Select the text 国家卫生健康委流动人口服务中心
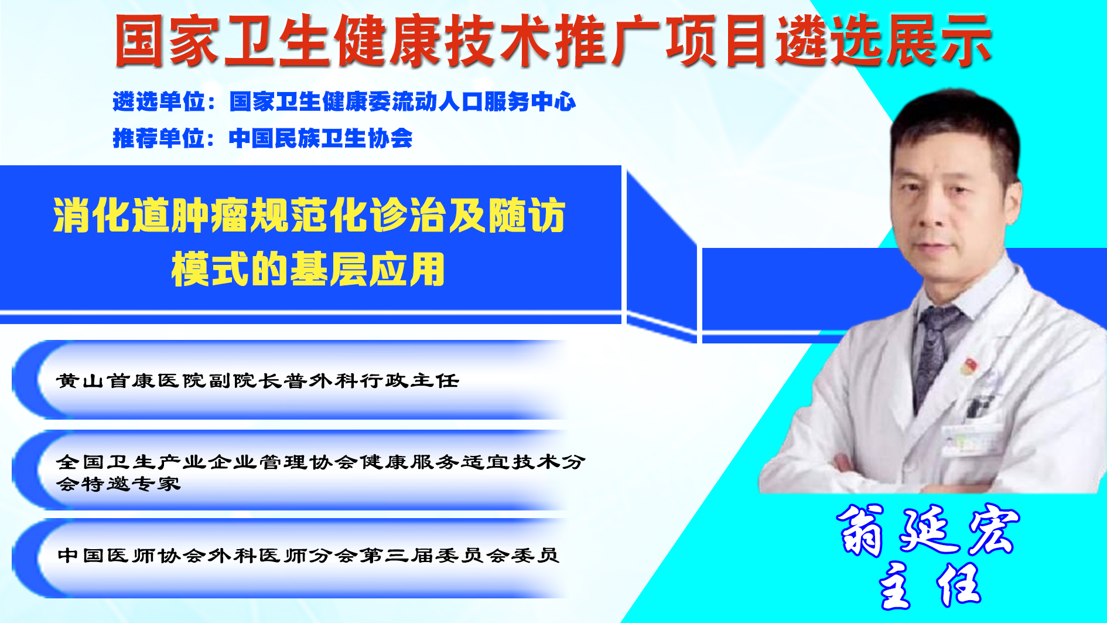pyautogui.click(x=402, y=102)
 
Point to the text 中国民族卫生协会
pyautogui.click(x=321, y=139)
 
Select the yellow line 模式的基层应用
pyautogui.click(x=308, y=270)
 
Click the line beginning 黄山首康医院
pyautogui.click(x=258, y=381)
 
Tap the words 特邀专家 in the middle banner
pyautogui.click(x=132, y=484)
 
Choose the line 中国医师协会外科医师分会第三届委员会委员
pyautogui.click(x=309, y=555)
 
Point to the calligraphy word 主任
pyautogui.click(x=930, y=584)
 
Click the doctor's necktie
pyautogui.click(x=935, y=352)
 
